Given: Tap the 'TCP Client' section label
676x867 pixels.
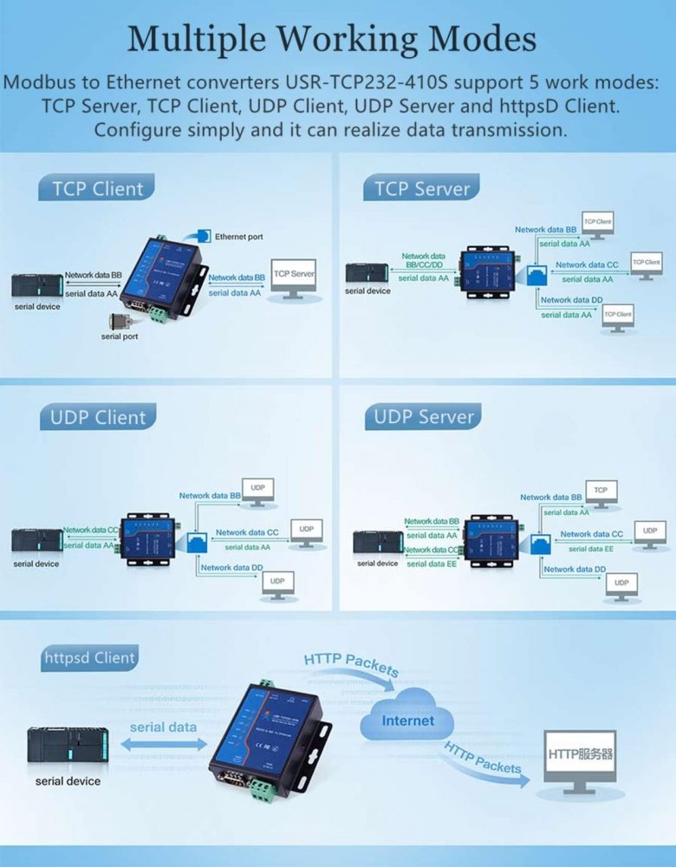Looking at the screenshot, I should coord(97,188).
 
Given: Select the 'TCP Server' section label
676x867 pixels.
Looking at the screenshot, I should coord(422,188).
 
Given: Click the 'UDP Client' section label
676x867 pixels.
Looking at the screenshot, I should coord(97,417).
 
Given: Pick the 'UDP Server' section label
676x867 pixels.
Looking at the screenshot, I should coord(424,417).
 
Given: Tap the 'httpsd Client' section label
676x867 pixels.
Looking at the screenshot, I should coord(89,658).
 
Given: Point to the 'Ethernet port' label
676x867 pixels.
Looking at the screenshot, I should coord(238,237).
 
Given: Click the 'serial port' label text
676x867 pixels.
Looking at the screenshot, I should coord(119,336).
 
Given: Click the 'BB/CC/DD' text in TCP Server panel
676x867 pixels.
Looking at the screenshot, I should coord(424,265).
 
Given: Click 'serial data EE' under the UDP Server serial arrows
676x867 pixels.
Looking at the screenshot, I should coord(427,564).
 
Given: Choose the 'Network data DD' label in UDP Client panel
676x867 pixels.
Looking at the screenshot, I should coord(232,568).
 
